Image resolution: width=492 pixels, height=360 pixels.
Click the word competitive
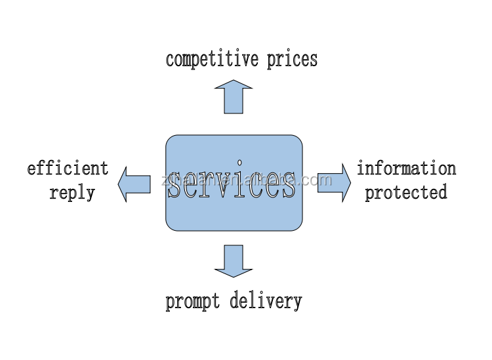pos(213,59)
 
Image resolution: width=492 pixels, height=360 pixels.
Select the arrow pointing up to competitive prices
pos(233,96)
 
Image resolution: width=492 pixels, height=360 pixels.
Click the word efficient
pos(68,169)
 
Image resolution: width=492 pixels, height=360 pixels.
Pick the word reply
pos(72,193)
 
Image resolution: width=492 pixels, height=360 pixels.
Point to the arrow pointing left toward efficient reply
pos(134,184)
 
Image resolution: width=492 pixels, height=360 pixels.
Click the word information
pos(406,169)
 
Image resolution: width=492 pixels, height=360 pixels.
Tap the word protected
pos(406,193)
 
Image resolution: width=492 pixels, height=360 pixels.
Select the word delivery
pos(266,302)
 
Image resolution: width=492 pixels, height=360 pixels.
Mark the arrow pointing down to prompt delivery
pos(233,260)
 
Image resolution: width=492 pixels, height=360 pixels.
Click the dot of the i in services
pos(240,161)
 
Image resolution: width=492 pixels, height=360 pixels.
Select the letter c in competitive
pos(170,60)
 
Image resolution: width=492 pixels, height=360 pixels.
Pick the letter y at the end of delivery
pos(298,304)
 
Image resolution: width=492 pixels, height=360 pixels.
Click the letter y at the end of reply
pos(91,195)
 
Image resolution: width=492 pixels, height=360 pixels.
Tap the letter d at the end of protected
pos(443,192)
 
